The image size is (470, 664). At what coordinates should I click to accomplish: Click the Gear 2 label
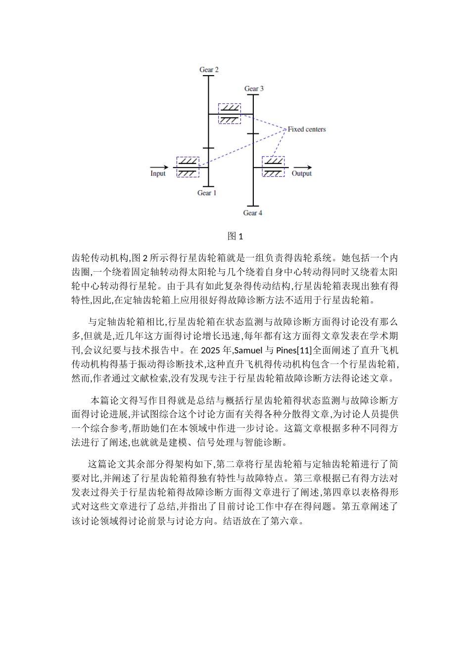[209, 70]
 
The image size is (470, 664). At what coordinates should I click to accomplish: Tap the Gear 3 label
[254, 89]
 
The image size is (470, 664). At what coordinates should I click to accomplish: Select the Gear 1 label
[207, 193]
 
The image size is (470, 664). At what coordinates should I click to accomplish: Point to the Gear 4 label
[252, 213]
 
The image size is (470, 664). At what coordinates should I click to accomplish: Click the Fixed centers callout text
[307, 129]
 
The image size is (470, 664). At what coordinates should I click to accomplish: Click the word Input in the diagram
[158, 174]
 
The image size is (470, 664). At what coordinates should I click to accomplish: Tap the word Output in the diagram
[302, 174]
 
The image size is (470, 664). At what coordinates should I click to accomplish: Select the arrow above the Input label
[159, 167]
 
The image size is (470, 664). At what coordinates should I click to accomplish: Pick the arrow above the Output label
[302, 167]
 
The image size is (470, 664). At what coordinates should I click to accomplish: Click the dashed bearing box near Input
[188, 167]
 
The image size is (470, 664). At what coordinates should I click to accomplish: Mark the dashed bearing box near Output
[273, 167]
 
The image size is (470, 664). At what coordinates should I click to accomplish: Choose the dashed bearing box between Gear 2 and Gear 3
[230, 114]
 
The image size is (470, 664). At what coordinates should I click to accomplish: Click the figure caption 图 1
[235, 236]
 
